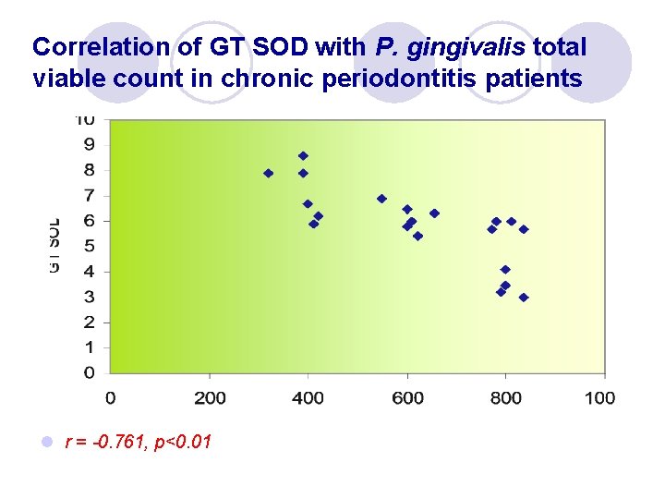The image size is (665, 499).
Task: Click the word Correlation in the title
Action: [86, 46]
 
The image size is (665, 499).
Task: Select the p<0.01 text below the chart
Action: [183, 443]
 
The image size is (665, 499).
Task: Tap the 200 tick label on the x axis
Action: [209, 397]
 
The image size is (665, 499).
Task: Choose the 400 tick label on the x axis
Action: [308, 397]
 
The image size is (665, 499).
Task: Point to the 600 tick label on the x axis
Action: [407, 397]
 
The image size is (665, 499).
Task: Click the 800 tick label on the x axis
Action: [506, 397]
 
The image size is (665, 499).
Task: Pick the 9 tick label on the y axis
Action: [89, 144]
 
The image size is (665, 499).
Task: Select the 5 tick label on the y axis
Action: [89, 246]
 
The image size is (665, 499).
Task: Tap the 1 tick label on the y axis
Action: [89, 347]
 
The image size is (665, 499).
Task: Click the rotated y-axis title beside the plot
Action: [54, 246]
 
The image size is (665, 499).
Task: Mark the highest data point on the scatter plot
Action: [303, 155]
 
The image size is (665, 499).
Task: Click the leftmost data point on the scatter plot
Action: [269, 173]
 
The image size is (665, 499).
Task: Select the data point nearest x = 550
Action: [381, 199]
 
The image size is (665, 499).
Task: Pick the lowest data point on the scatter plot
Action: [524, 298]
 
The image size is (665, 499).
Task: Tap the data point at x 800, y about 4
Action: [505, 270]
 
